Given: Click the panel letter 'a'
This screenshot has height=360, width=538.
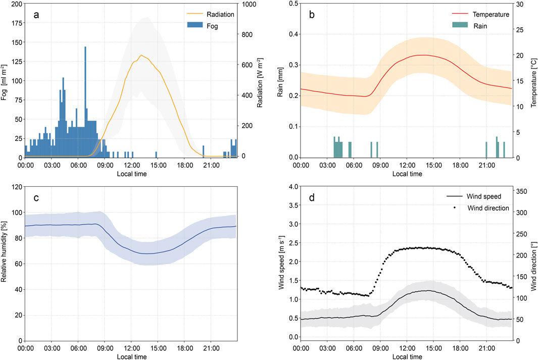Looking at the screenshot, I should (x=36, y=15).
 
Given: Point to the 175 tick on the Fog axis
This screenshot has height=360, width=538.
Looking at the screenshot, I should (x=15, y=23).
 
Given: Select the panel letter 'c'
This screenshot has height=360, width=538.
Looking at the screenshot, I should (x=36, y=198).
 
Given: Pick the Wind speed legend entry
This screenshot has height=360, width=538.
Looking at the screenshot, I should (x=484, y=198).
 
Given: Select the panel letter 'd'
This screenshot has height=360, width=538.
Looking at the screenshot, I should (x=312, y=198).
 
